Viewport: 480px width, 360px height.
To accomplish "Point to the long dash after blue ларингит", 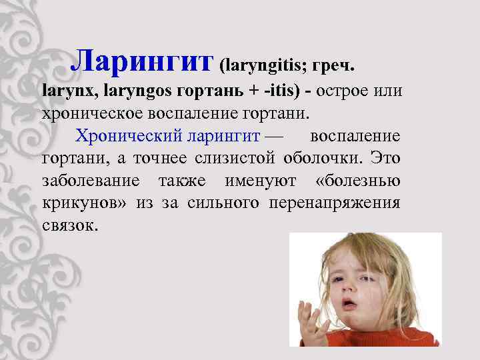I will point(273,136).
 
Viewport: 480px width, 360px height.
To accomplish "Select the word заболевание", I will point(90,181).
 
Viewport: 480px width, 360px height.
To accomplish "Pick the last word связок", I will point(69,225).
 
